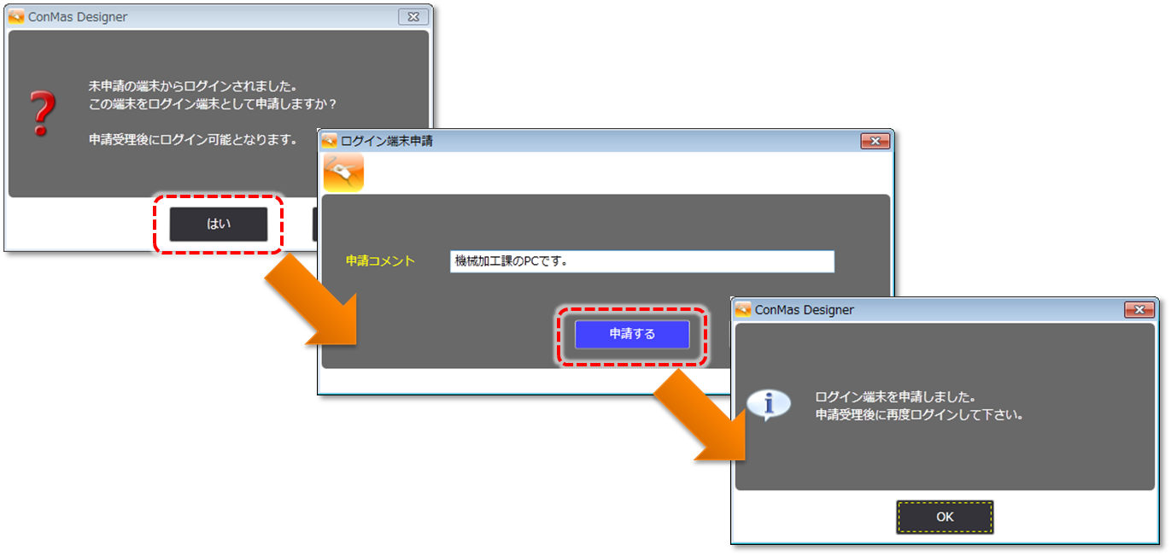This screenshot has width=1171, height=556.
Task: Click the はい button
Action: pyautogui.click(x=219, y=224)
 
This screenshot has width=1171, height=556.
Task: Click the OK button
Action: pyautogui.click(x=945, y=517)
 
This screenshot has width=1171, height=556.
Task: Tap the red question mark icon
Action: pyautogui.click(x=41, y=114)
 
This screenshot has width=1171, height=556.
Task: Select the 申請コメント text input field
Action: pyautogui.click(x=641, y=261)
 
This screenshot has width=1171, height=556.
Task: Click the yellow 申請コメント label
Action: pyautogui.click(x=380, y=261)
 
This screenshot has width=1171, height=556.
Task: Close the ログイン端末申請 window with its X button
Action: pyautogui.click(x=875, y=141)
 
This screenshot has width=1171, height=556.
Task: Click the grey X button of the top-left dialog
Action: pyautogui.click(x=413, y=16)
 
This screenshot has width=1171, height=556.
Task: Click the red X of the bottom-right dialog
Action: pyautogui.click(x=1139, y=310)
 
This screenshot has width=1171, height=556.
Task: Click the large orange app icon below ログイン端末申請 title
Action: pyautogui.click(x=343, y=173)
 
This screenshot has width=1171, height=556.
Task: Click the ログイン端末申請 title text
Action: pyautogui.click(x=387, y=141)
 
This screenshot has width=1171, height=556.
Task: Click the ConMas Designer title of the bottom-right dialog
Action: pyautogui.click(x=804, y=310)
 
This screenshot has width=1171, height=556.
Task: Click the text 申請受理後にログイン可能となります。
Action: pyautogui.click(x=193, y=138)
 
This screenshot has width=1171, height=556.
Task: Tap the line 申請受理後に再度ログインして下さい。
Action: pyautogui.click(x=919, y=415)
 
